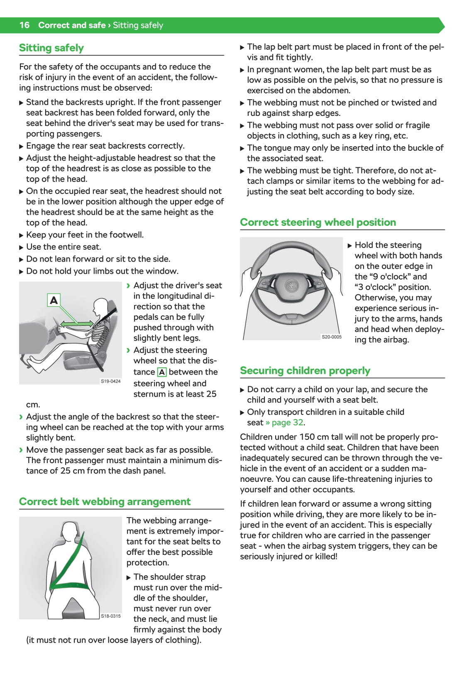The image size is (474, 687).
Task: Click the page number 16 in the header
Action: [x=24, y=25]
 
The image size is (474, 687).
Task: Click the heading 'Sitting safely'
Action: [x=51, y=48]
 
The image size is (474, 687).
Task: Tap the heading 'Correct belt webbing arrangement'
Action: [x=105, y=502]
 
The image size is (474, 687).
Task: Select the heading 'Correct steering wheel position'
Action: [x=318, y=222]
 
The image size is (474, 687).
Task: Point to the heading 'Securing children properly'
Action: [x=305, y=370]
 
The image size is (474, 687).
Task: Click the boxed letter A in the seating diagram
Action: [x=54, y=300]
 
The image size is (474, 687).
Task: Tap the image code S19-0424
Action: [x=111, y=381]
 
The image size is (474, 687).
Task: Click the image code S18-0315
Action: [x=111, y=616]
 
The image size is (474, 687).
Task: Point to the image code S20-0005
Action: [x=332, y=337]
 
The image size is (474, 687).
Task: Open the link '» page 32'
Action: [x=285, y=422]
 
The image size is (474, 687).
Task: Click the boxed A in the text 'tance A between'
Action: [x=162, y=372]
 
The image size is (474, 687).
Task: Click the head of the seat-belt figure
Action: [x=70, y=531]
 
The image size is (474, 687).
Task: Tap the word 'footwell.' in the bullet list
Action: [x=126, y=235]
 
